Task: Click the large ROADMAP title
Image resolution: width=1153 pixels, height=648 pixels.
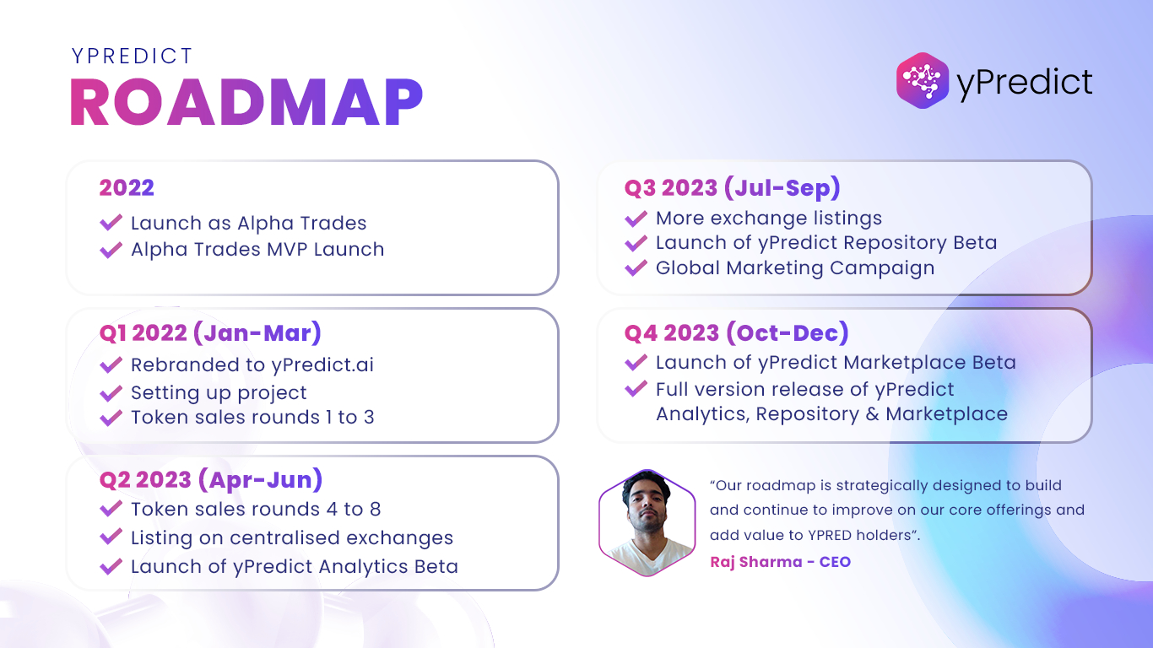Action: point(246,102)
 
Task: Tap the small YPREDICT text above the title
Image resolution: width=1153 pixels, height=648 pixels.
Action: point(133,56)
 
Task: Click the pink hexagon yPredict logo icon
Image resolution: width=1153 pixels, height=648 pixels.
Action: point(923,80)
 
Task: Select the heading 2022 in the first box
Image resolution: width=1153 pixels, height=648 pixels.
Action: point(127,187)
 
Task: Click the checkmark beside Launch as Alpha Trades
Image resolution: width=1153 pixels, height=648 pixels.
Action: point(111,223)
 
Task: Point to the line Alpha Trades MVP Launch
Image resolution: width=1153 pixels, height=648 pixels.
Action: point(257,250)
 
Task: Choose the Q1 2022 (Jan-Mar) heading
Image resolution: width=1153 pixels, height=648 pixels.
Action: point(210,333)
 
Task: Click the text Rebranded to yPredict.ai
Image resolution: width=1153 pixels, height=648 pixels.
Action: point(252,364)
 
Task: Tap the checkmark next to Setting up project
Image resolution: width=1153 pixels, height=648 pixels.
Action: point(111,393)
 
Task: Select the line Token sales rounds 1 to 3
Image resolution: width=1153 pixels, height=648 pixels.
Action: point(252,418)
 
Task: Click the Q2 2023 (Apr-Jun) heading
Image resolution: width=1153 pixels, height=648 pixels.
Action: point(210,480)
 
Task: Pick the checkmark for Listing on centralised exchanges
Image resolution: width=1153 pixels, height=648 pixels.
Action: point(111,537)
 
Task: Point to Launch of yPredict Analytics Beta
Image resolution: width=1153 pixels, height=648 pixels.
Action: point(295,567)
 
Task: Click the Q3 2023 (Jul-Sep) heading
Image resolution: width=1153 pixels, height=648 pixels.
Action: point(733,188)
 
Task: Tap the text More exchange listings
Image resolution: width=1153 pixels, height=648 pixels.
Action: point(769,219)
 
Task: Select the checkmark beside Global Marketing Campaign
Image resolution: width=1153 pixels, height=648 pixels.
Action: point(636,267)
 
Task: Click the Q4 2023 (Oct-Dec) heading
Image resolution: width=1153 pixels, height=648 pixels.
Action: point(737,333)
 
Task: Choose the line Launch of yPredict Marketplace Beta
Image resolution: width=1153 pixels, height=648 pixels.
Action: point(836,363)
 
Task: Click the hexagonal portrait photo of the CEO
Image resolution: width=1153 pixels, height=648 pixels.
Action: point(647,523)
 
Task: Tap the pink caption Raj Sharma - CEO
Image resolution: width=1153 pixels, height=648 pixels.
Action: point(780,562)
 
